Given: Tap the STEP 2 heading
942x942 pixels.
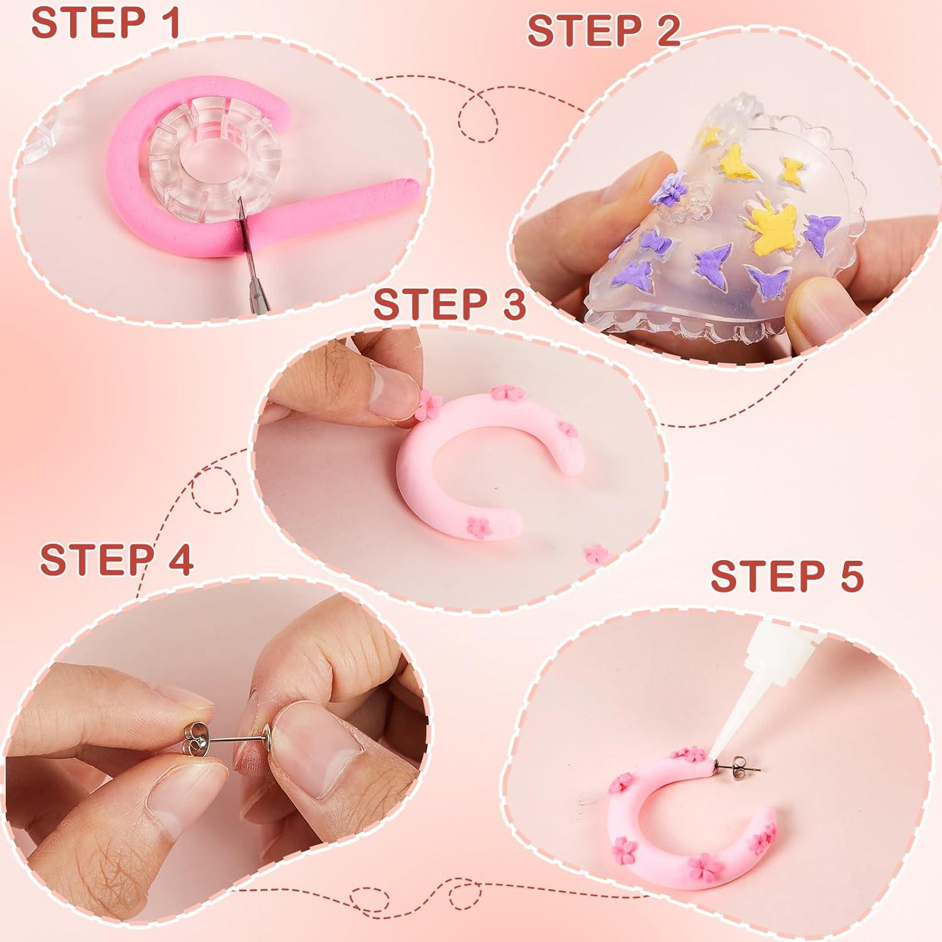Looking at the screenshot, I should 604,31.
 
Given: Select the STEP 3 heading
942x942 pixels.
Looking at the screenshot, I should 449,305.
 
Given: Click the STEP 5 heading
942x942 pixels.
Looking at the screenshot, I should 786,575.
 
